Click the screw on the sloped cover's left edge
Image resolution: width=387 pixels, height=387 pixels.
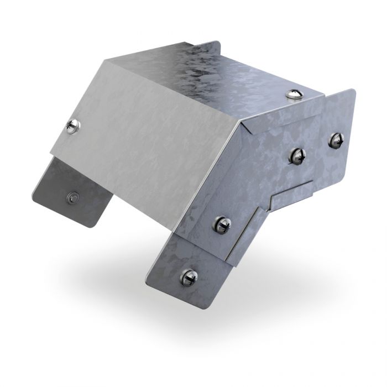(72, 125)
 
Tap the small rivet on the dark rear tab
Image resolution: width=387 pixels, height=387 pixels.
(71, 195)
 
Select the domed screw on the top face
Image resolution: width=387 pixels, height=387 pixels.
(294, 93)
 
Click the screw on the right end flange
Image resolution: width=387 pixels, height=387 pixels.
(335, 140)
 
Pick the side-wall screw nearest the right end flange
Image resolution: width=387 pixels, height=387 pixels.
(297, 156)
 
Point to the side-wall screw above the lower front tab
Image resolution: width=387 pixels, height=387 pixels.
(222, 224)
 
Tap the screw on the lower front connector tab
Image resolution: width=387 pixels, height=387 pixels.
(189, 276)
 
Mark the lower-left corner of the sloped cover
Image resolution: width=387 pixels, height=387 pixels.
(51, 150)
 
